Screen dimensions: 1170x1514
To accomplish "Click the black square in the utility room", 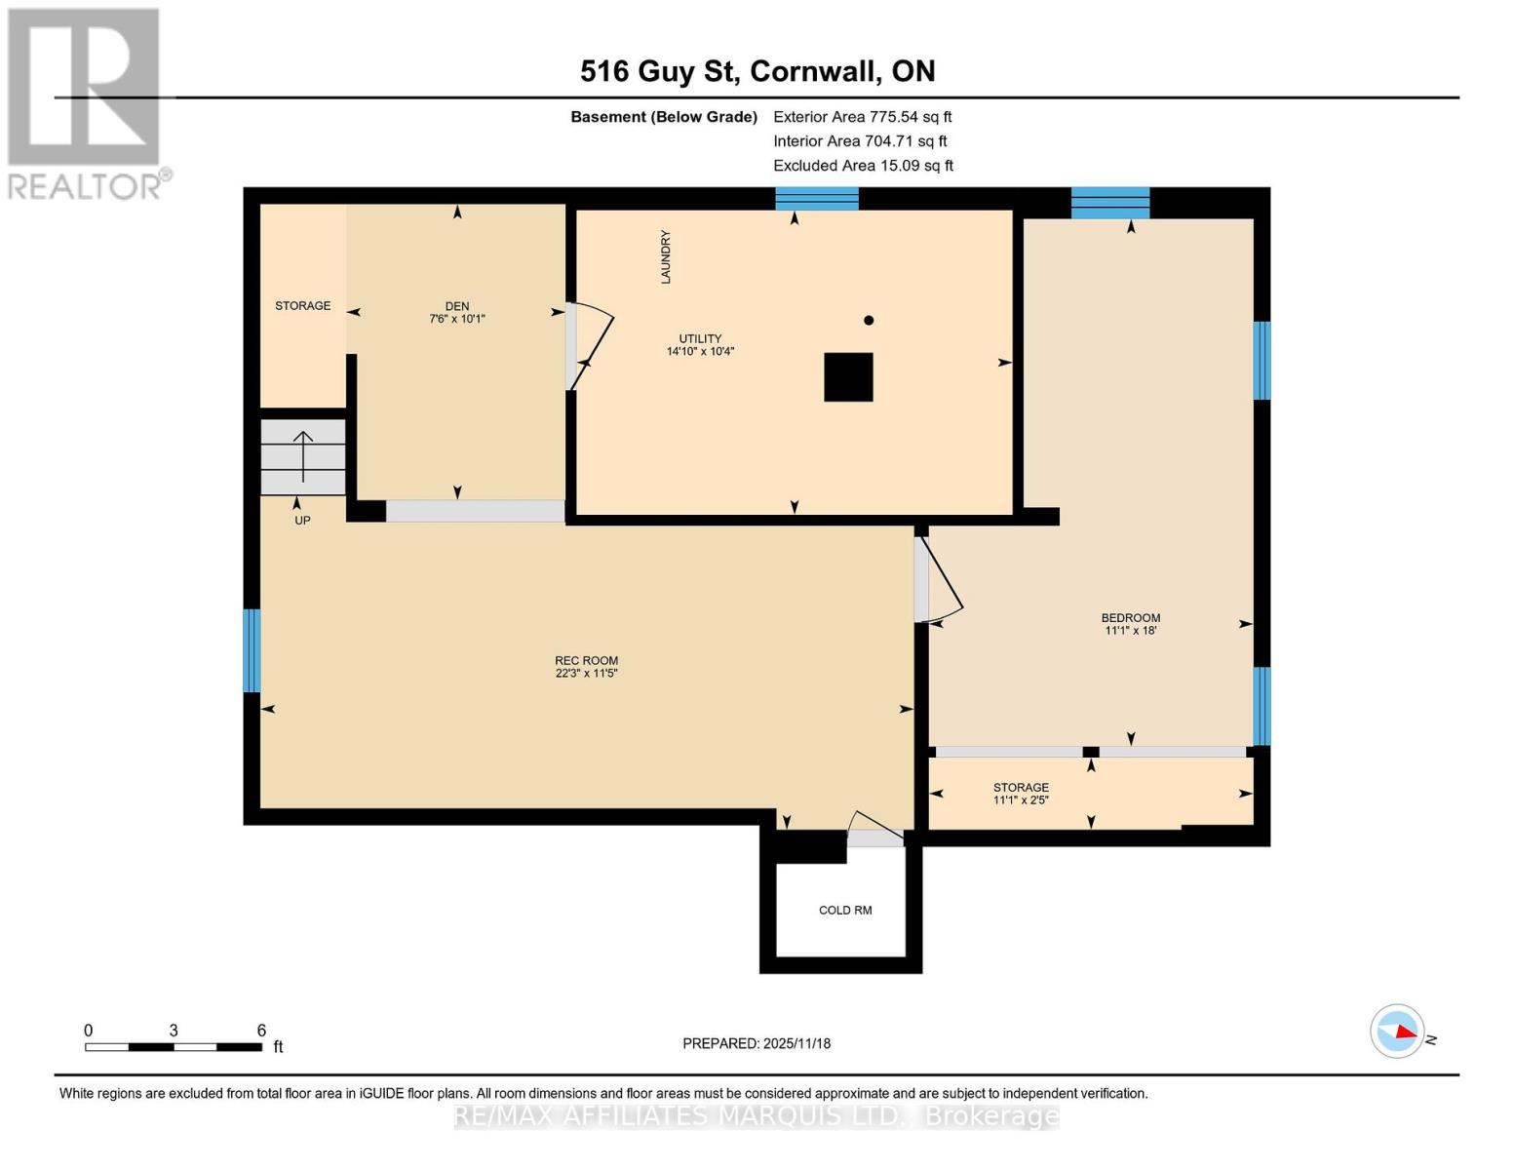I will coord(848,377).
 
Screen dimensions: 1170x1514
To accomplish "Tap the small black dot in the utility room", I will coord(869,320).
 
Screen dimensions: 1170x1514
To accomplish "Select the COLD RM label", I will coord(845,910).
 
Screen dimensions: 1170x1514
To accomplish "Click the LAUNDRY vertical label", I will coord(666,256).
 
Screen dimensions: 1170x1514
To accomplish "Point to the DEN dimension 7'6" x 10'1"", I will coord(457,319).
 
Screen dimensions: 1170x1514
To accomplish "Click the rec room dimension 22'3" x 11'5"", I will coord(587,673).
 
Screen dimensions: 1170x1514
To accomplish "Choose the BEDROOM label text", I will coord(1131,617).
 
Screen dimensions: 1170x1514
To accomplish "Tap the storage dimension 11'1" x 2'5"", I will coord(1021,800).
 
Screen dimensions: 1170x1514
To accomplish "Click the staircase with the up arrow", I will coord(303,457).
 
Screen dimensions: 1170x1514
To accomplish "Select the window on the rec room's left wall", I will coord(252,650).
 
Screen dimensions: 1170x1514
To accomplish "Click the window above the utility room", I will coord(817,199).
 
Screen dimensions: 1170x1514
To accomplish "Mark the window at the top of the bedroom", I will coord(1110,203).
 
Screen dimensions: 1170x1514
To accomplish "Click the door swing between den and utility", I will coord(591,346).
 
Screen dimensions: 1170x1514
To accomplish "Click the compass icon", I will coord(1398,1031).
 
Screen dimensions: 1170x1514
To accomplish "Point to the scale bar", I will coord(174,1047).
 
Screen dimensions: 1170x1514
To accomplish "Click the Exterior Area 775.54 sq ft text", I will coord(862,116).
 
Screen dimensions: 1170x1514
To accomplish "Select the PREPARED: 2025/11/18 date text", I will coord(757,1043).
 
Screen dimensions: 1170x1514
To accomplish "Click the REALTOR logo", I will coord(86,102).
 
